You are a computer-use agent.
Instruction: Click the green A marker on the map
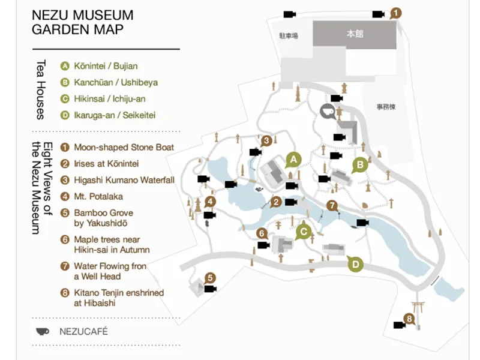click(x=293, y=159)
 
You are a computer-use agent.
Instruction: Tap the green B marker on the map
click(x=360, y=164)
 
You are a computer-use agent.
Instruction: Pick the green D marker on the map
click(x=356, y=263)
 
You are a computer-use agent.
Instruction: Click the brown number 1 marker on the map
click(x=395, y=12)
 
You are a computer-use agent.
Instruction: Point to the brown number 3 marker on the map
click(x=267, y=141)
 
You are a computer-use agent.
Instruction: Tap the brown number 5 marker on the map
click(x=210, y=278)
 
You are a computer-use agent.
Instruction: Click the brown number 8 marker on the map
click(x=410, y=319)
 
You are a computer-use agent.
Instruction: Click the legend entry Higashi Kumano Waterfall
click(x=124, y=180)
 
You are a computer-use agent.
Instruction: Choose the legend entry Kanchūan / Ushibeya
click(x=116, y=82)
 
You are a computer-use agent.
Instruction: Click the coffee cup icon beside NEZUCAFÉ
click(x=43, y=331)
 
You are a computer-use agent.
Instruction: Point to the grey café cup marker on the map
click(x=327, y=111)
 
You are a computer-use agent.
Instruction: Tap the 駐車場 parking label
click(x=289, y=36)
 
